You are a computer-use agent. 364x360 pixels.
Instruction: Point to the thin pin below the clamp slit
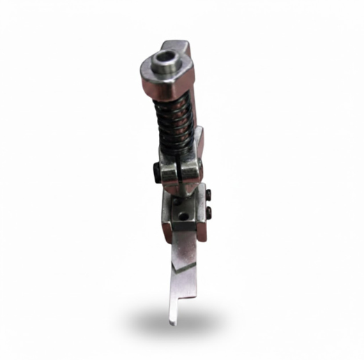(x=183, y=196)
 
